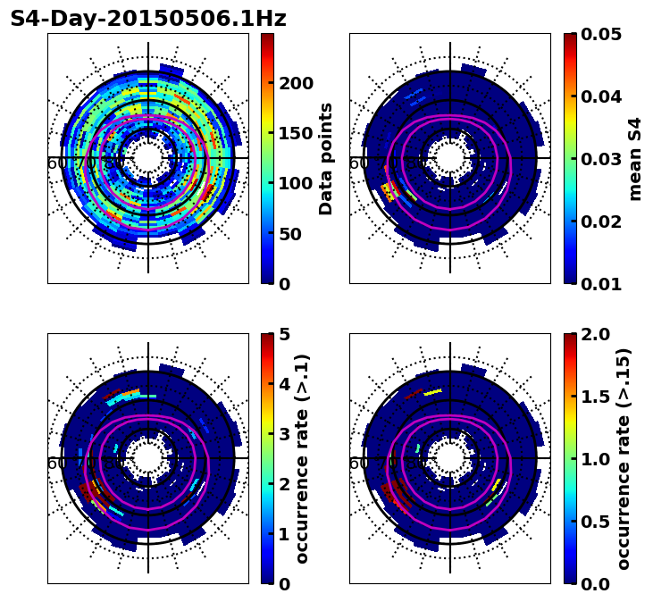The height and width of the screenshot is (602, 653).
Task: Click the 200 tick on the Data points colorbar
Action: click(296, 83)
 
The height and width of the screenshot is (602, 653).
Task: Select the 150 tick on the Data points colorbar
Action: click(296, 133)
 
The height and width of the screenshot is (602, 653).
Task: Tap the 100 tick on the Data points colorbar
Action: click(296, 184)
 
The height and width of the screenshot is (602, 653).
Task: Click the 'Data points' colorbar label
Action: click(327, 158)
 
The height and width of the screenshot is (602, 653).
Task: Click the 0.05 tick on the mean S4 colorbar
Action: click(602, 34)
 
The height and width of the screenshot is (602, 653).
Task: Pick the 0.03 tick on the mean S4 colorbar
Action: click(602, 159)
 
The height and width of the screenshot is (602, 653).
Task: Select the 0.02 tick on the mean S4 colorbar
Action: click(602, 222)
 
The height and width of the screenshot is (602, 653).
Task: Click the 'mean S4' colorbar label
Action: click(635, 158)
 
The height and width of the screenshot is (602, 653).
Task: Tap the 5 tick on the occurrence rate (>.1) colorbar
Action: click(284, 334)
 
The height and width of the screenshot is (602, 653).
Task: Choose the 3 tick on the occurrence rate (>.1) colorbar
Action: click(284, 434)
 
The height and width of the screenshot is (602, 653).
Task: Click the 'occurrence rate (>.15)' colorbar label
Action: click(624, 459)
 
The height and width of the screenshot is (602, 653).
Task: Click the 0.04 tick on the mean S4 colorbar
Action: click(602, 96)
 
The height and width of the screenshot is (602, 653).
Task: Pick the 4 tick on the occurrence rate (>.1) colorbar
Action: click(284, 384)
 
